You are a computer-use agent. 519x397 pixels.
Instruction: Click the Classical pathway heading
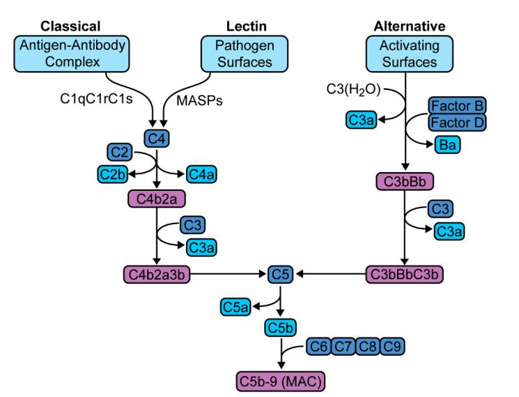click(70, 26)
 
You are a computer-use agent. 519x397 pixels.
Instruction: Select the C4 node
click(158, 138)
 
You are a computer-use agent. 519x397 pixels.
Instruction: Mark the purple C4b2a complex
click(157, 198)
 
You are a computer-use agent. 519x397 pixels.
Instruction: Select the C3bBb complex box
click(405, 181)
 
